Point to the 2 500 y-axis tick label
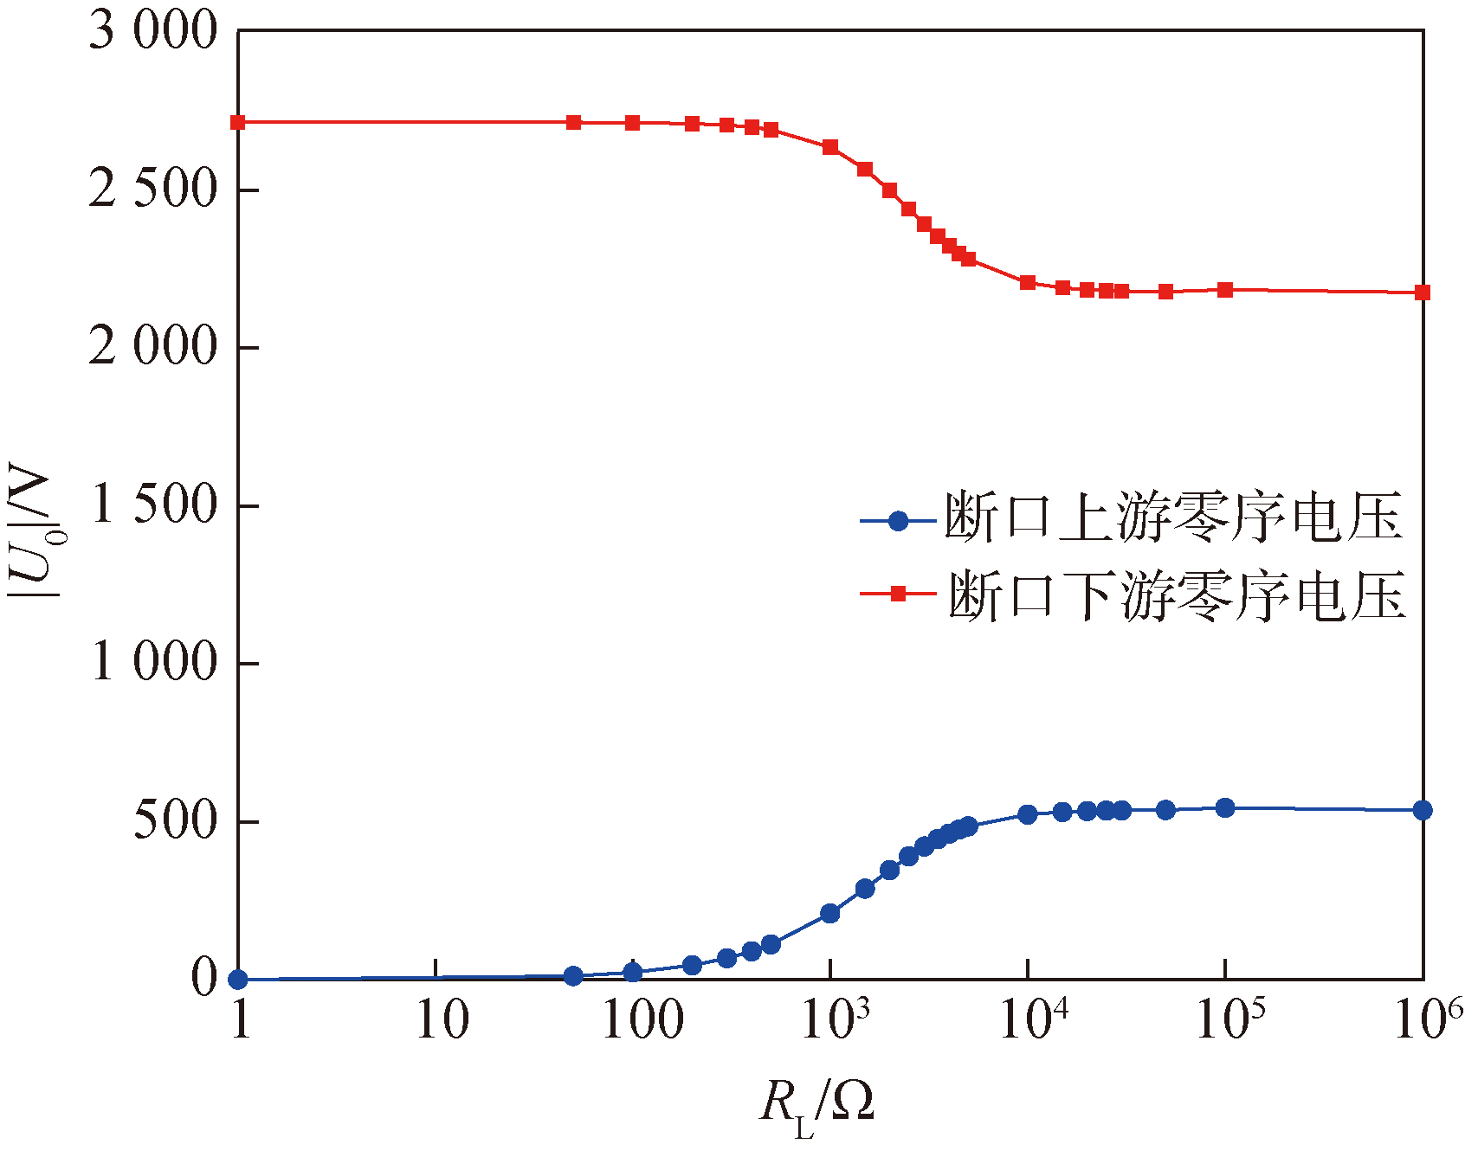[x=152, y=190]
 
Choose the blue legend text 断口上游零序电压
[x=1173, y=519]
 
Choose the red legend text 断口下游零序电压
[x=1176, y=595]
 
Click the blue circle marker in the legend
[x=899, y=521]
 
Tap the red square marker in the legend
[x=899, y=594]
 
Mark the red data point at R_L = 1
[x=238, y=123]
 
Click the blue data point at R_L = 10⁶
[x=1423, y=810]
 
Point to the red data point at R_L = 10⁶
[x=1423, y=292]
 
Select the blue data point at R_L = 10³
[x=830, y=913]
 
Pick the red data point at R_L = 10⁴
[x=1028, y=282]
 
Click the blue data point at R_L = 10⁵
[x=1225, y=807]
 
